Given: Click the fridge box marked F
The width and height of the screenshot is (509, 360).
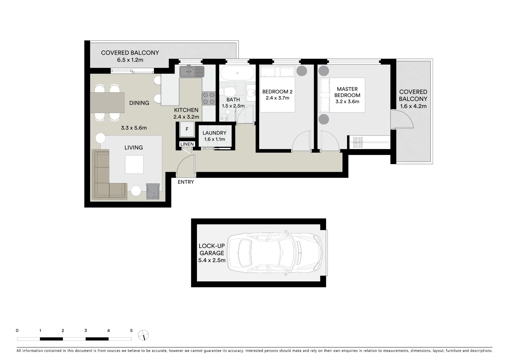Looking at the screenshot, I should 187,129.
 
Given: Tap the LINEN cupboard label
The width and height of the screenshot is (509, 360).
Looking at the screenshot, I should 187,144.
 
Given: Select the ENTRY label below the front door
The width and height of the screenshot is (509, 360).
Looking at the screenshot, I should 186,182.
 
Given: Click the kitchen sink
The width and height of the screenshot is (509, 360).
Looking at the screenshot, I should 192,71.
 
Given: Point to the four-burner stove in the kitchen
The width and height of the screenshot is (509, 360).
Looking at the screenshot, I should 209,98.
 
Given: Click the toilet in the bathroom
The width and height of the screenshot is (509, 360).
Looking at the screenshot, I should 229,91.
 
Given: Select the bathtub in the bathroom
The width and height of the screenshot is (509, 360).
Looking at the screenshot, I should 237,73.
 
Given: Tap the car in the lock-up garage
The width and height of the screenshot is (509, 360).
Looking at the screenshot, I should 275,253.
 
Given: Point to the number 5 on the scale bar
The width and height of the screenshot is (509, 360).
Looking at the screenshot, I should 131,331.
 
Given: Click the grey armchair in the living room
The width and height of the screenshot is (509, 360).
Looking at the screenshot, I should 153,192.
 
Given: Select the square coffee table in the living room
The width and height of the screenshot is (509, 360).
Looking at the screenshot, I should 135,165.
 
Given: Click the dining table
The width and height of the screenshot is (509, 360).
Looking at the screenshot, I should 107,102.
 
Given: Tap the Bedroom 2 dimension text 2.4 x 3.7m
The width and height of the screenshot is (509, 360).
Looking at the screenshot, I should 277,98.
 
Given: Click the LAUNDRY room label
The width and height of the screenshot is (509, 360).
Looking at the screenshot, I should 214,133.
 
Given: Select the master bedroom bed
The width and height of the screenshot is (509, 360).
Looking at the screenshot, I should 342,95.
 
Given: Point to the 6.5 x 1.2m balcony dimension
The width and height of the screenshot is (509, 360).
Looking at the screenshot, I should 130,60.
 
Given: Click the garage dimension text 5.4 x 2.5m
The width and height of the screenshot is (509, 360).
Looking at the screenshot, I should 212,260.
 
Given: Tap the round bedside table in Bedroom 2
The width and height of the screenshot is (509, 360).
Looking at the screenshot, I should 302,71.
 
